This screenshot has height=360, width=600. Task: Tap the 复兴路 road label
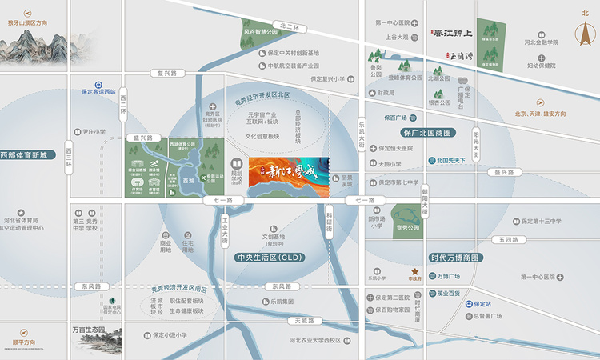point(166,73)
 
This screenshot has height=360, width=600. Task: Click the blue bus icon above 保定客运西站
point(98,83)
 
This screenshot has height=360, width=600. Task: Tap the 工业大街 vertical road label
point(226,227)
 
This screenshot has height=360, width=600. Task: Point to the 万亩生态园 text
point(89,330)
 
